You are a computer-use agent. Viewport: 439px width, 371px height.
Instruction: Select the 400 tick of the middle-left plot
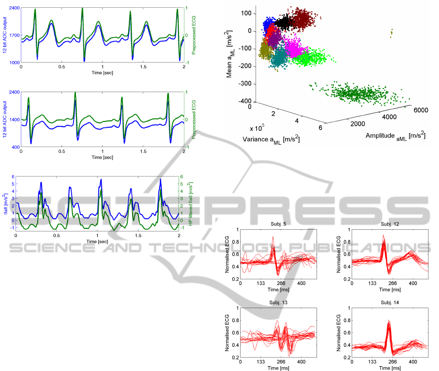tap(15, 147)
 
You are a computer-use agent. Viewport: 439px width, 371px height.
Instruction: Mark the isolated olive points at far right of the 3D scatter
tap(391, 32)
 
